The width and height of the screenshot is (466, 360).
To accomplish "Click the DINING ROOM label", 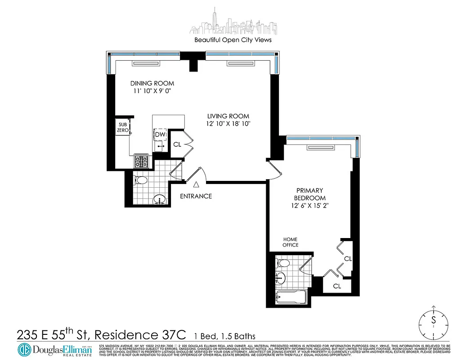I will (152, 83).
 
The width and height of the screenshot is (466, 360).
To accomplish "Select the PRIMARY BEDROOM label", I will (309, 194).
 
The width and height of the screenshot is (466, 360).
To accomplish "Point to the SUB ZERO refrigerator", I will (123, 127).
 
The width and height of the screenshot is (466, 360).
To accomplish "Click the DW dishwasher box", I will (160, 135).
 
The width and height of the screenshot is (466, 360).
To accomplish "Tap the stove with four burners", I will (143, 161).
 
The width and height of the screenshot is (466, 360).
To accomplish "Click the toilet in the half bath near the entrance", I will (141, 180).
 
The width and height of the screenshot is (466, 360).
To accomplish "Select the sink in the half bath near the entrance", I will (159, 198).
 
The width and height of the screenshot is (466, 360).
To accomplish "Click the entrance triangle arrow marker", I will (196, 184).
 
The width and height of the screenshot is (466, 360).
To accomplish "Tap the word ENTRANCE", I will (196, 196).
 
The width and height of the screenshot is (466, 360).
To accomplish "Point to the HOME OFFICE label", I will (290, 242).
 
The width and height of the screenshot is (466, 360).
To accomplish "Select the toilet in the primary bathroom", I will (282, 263).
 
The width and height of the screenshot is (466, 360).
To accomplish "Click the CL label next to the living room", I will (178, 144).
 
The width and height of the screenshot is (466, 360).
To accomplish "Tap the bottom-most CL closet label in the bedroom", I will (337, 286).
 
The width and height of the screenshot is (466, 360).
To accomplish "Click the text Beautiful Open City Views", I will (233, 40).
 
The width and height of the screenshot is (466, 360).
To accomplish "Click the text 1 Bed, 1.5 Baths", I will (224, 336).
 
